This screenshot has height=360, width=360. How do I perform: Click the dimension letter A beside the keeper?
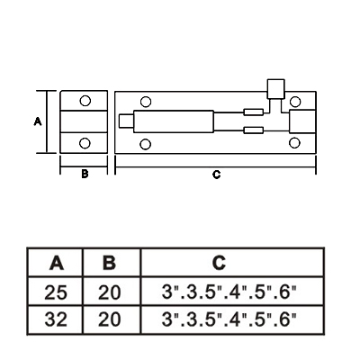pos(38,121)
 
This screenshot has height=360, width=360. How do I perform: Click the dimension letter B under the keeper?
pos(85,174)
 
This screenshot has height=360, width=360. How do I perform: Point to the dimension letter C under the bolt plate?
pos(216,175)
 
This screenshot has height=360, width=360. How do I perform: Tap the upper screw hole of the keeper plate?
pos(85,101)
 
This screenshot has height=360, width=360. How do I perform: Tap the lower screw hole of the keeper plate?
pos(85,143)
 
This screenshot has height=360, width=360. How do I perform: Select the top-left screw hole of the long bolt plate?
pos(146,102)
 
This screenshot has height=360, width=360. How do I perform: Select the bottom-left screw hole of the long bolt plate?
pos(146,145)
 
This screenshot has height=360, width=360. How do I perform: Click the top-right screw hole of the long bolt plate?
pos(295,102)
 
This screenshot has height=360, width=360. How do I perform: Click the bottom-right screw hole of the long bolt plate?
pos(294,143)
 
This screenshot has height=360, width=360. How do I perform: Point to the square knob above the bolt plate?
pos(276,89)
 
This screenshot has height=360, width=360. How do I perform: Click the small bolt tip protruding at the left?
pos(126,121)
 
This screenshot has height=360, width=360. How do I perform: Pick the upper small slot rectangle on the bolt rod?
pos(254,112)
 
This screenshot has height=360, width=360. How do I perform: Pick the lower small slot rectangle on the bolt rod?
pos(254,130)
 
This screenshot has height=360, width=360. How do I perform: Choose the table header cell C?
pos(232,262)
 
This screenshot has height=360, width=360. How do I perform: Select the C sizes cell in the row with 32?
pos(232,319)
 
